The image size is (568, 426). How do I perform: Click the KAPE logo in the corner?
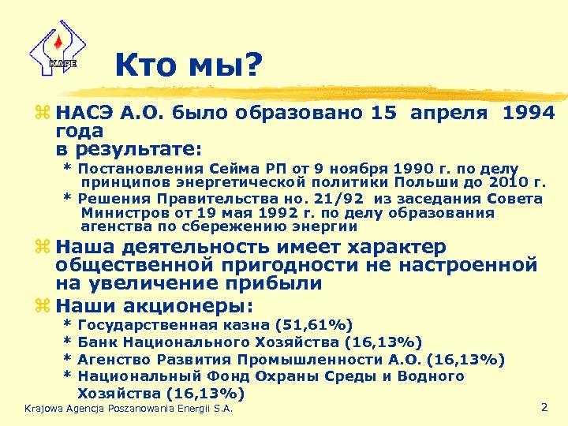point(53,48)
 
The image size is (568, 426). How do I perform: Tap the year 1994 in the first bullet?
point(528,114)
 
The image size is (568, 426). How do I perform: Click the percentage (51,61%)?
point(314,325)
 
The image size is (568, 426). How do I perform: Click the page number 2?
point(544,407)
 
